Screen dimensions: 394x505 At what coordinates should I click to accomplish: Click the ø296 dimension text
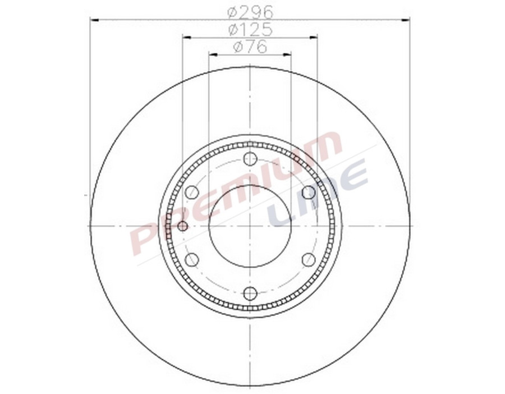[250, 11]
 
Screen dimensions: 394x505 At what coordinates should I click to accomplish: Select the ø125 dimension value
[250, 29]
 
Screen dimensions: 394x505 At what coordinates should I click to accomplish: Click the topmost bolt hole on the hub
[250, 159]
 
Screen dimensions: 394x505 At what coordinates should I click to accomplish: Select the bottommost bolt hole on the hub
[250, 293]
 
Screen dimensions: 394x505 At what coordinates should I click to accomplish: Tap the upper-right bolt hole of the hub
[308, 193]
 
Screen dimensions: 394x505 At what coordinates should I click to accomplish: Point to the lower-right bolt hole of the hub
[308, 259]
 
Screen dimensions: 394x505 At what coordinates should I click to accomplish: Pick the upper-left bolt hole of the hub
[192, 193]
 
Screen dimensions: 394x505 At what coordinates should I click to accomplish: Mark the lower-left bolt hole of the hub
[192, 259]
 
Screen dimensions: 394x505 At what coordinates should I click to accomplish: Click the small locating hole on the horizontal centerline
[182, 226]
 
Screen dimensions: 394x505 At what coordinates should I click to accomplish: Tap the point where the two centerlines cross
[250, 226]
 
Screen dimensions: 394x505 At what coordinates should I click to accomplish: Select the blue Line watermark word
[317, 194]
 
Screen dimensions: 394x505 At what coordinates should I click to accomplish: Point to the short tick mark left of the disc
[86, 195]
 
